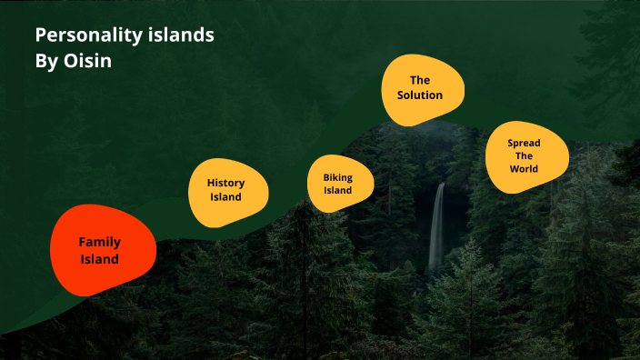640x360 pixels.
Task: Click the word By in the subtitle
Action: tap(46, 65)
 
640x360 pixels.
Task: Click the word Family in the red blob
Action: tap(99, 242)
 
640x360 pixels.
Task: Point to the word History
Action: tap(226, 183)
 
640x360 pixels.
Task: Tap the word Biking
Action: tap(338, 176)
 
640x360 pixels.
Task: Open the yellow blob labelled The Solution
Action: tap(421, 88)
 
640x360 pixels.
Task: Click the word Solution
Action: tap(420, 95)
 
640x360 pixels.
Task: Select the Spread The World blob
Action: tap(525, 156)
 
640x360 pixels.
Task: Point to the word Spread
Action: tap(524, 143)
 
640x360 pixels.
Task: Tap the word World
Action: tap(524, 169)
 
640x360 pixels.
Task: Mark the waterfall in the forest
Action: tap(437, 227)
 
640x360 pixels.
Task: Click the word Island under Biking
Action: tap(338, 191)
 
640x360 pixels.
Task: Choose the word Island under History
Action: tap(226, 197)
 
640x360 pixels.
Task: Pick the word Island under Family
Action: tap(99, 259)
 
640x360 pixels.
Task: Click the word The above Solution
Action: tap(420, 80)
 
